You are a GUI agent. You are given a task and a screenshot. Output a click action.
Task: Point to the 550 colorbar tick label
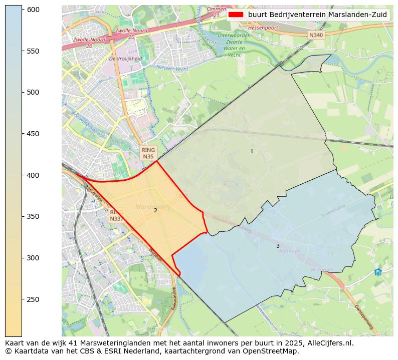(33, 51)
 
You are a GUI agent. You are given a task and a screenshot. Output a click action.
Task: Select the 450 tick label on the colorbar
(33, 134)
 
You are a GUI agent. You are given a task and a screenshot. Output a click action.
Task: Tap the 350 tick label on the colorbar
(33, 216)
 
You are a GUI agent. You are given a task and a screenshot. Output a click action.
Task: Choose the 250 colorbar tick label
(33, 299)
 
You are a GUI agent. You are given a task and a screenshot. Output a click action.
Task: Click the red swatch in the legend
(236, 15)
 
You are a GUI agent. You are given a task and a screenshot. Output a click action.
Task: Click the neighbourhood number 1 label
(252, 151)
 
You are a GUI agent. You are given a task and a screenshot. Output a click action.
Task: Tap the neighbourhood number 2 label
(155, 210)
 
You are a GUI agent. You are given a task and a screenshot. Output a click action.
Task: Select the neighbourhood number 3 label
(278, 246)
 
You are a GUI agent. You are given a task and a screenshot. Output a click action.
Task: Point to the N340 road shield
(316, 35)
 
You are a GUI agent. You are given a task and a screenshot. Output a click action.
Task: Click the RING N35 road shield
(148, 153)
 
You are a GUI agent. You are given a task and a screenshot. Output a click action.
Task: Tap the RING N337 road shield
(115, 215)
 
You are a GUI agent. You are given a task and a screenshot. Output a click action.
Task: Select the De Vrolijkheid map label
(125, 59)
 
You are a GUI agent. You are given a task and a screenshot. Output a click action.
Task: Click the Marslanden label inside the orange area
(152, 207)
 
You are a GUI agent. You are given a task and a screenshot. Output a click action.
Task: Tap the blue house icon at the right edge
(377, 272)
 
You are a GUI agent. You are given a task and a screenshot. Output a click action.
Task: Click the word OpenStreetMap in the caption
(270, 351)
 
